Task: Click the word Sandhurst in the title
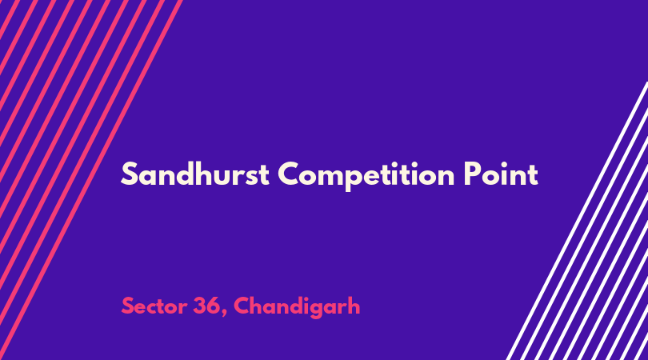click(195, 174)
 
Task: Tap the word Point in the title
click(501, 174)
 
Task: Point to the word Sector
click(154, 306)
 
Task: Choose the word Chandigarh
click(297, 306)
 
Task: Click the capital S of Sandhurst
click(129, 174)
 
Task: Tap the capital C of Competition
click(289, 174)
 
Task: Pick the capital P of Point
click(471, 174)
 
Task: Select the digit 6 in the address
click(214, 306)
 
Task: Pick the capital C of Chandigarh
click(242, 306)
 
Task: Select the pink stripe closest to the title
click(91, 180)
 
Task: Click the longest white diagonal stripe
click(577, 221)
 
